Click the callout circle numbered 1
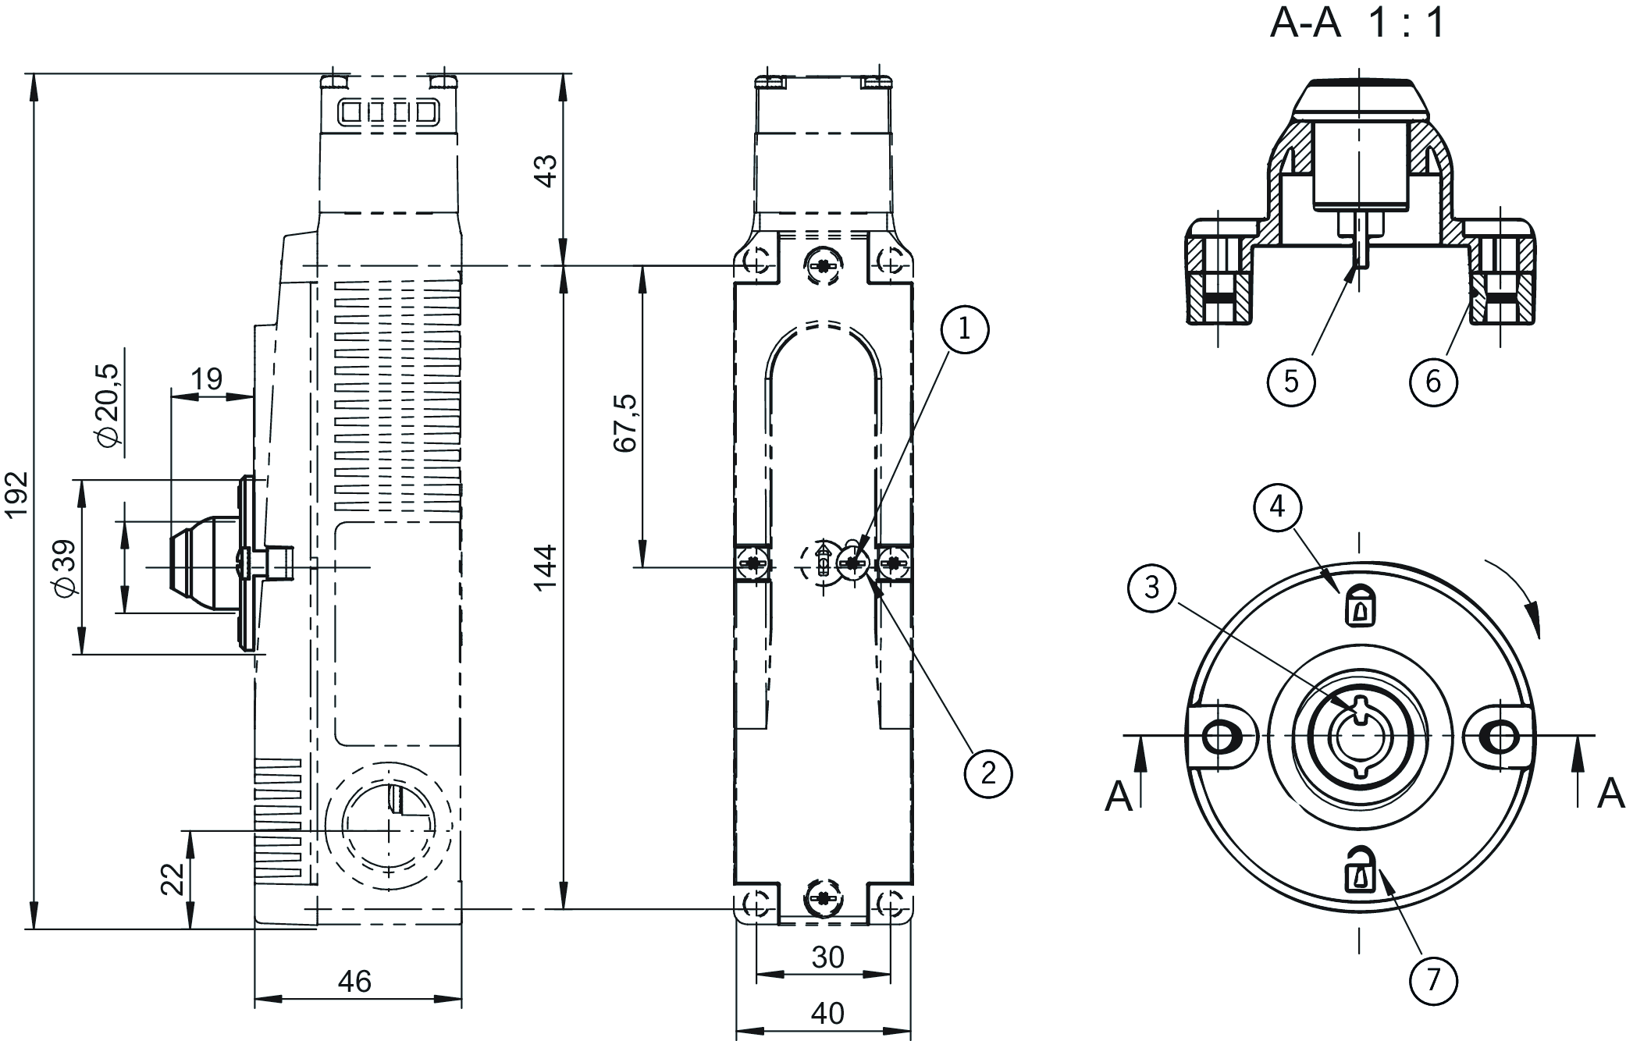click(x=964, y=329)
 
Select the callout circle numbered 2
click(x=988, y=773)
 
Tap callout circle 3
click(x=1152, y=587)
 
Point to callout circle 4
click(x=1277, y=507)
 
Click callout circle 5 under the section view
click(x=1291, y=382)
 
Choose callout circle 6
click(x=1433, y=382)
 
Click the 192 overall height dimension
click(x=16, y=493)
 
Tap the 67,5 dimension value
click(x=625, y=423)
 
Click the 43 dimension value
click(x=546, y=171)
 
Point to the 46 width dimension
click(x=355, y=981)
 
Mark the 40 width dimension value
click(x=827, y=1013)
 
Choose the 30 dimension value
click(x=827, y=957)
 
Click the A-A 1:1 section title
click(x=1357, y=23)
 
